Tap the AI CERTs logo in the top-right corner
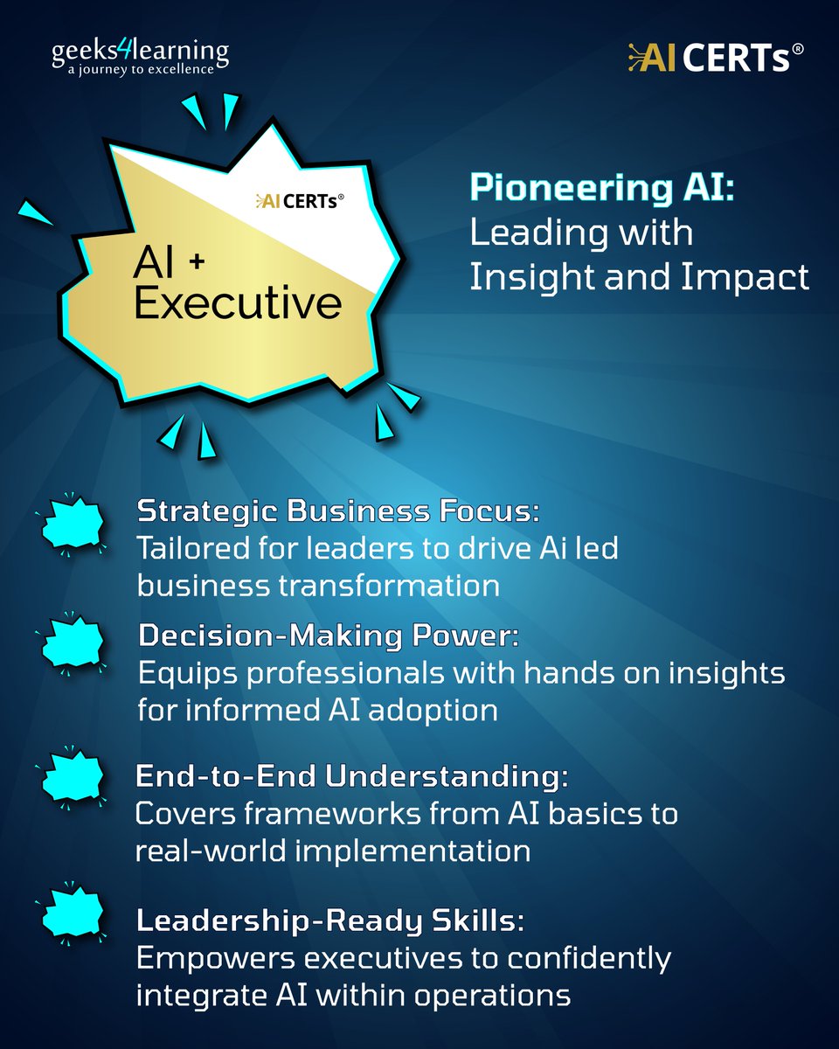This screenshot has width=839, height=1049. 715,59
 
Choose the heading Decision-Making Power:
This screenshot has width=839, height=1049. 328,636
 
